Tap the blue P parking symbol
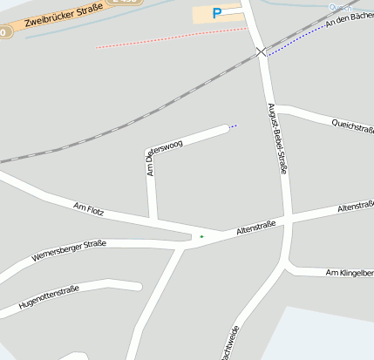(x=217, y=13)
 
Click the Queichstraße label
(x=352, y=126)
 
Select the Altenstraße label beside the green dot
(x=256, y=229)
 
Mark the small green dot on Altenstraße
(x=201, y=236)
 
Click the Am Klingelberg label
(x=349, y=274)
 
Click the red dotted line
(x=166, y=37)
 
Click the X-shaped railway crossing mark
(x=262, y=52)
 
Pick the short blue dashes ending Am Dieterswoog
(x=234, y=126)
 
